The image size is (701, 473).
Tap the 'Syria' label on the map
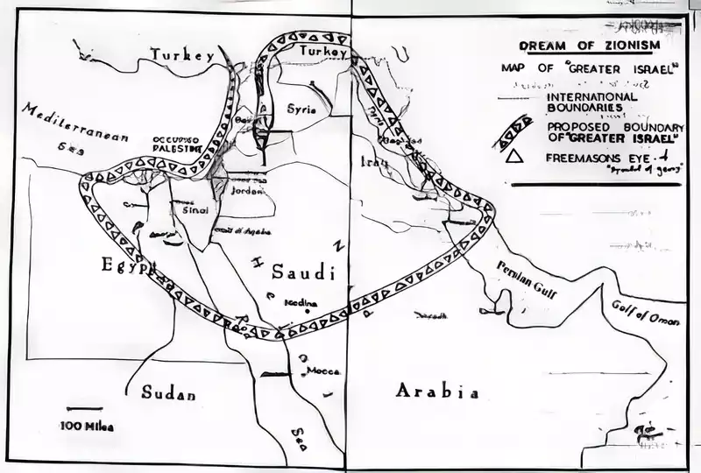pos(301,109)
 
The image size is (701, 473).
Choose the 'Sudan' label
pos(168,393)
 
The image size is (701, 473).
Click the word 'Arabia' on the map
pos(437,392)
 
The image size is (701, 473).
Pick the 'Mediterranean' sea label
pos(75,123)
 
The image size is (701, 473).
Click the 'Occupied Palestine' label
pos(178,144)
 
